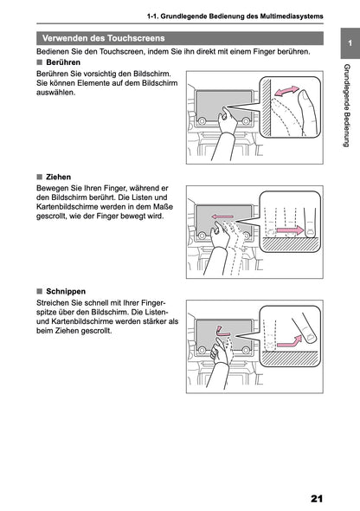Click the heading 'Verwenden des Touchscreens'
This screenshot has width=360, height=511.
pyautogui.click(x=104, y=38)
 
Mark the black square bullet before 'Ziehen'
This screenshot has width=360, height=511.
pyautogui.click(x=39, y=176)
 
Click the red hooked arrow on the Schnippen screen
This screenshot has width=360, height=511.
pyautogui.click(x=225, y=330)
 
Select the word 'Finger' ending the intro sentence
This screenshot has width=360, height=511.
pyautogui.click(x=292, y=52)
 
